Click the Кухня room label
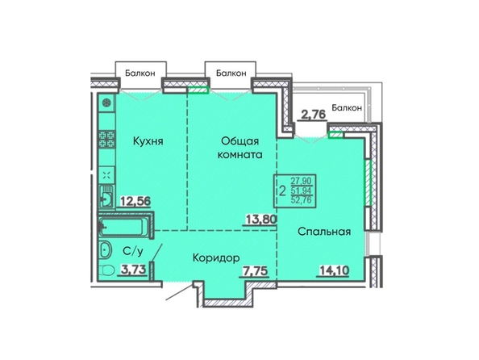tap(148, 141)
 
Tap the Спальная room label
tap(324, 232)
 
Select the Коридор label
tap(216, 258)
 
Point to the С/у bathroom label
tap(133, 251)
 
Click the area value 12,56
tap(135, 201)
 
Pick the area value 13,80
tap(261, 219)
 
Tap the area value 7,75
tap(255, 271)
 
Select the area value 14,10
tap(334, 270)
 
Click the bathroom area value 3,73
tap(132, 270)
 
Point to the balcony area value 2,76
tap(314, 115)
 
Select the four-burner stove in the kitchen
tap(106, 140)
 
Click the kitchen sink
tap(106, 197)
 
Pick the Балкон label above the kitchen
tap(140, 73)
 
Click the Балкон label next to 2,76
tap(347, 107)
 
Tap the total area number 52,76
tap(302, 201)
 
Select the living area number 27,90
tap(301, 181)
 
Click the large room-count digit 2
tap(282, 191)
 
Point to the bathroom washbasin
tap(106, 251)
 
